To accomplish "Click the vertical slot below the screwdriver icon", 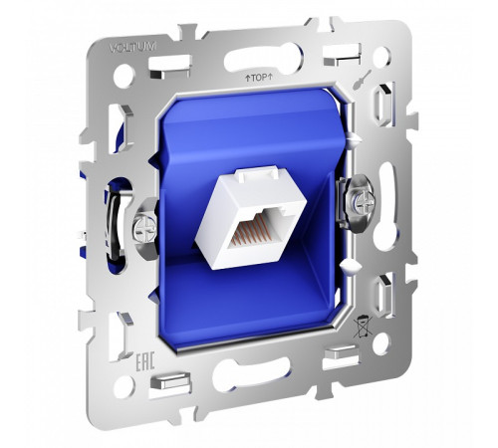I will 384,106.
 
